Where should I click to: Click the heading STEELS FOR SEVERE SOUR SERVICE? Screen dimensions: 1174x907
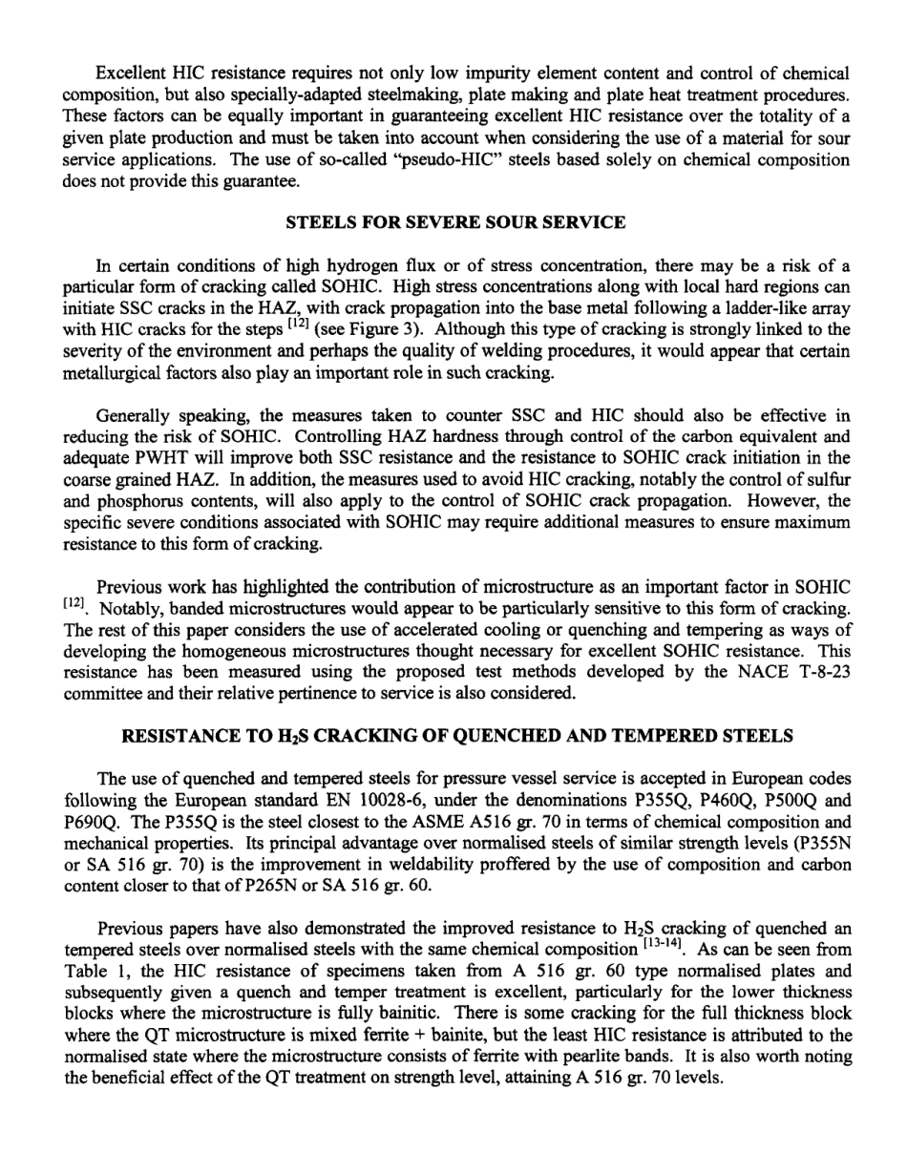coord(455,222)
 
